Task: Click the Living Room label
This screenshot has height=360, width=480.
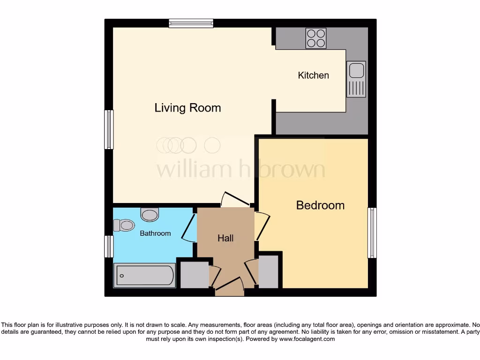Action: pos(187,108)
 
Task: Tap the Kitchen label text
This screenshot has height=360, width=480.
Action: pos(313,75)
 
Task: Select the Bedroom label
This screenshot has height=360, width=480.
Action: pos(320,205)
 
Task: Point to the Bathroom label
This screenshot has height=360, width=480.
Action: pos(155,233)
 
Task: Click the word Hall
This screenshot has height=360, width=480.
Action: pos(225,238)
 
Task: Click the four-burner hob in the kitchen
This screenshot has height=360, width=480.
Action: pos(316,38)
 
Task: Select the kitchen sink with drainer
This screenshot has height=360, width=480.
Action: pos(356,79)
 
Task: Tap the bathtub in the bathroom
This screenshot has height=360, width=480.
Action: pos(144,275)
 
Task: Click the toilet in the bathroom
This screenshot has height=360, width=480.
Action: pos(124,225)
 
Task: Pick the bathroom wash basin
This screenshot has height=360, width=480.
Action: pos(150,215)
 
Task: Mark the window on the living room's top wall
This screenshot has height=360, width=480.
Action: pos(191,23)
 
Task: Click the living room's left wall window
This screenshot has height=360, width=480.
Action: pos(109,129)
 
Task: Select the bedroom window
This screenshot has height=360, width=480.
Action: pos(372,233)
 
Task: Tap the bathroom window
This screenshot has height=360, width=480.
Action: pos(109,247)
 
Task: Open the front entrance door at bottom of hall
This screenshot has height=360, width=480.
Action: pos(229,286)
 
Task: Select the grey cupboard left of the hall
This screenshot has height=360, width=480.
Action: pos(194,275)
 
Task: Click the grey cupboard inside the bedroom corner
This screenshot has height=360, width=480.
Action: pos(269,271)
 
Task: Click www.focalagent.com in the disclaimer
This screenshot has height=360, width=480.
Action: pos(307,339)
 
